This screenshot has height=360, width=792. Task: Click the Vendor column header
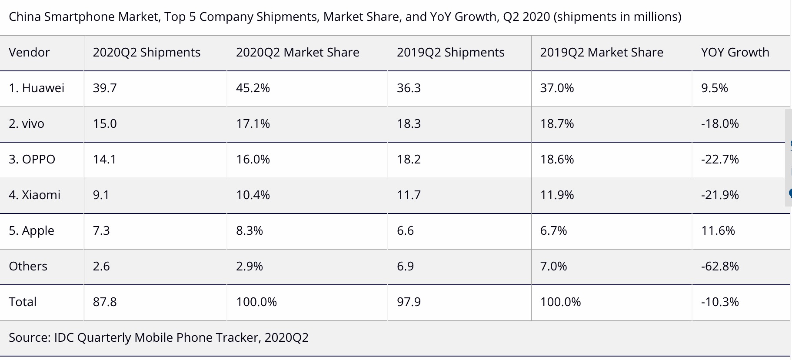[29, 53]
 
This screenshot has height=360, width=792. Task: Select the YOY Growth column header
[735, 53]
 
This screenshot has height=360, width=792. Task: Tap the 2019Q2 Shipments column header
[450, 53]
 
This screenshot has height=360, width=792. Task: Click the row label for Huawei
[37, 88]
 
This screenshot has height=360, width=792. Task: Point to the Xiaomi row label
[35, 195]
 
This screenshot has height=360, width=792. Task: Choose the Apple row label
[32, 230]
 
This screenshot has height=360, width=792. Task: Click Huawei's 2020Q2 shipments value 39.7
[105, 88]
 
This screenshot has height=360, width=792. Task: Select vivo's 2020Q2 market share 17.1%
[253, 124]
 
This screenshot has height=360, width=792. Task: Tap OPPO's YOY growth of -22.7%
[720, 160]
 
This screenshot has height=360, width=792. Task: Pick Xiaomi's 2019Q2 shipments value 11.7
[409, 195]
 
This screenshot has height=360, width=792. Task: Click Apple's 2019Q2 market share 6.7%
[553, 230]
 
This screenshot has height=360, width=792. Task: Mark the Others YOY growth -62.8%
[720, 266]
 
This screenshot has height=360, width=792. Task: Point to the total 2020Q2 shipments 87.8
[105, 302]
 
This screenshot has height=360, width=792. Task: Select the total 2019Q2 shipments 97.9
[409, 302]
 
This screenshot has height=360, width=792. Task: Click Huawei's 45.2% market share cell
[253, 88]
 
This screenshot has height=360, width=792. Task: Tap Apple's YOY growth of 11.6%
[718, 230]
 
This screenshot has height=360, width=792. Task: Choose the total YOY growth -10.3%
[720, 302]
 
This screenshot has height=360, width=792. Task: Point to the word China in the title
[25, 17]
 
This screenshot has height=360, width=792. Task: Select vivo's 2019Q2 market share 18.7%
[557, 124]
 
